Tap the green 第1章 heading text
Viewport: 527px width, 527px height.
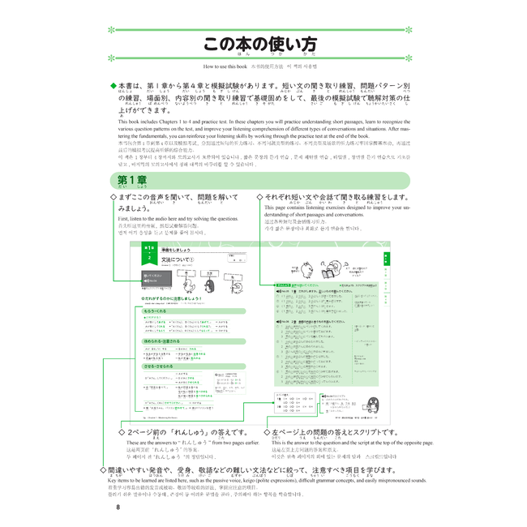point(131,179)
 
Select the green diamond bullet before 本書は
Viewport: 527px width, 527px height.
point(114,85)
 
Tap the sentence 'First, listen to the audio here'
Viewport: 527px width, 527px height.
point(178,219)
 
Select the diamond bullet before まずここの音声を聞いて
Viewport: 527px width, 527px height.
point(114,197)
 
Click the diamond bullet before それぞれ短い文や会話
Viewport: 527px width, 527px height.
point(259,197)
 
